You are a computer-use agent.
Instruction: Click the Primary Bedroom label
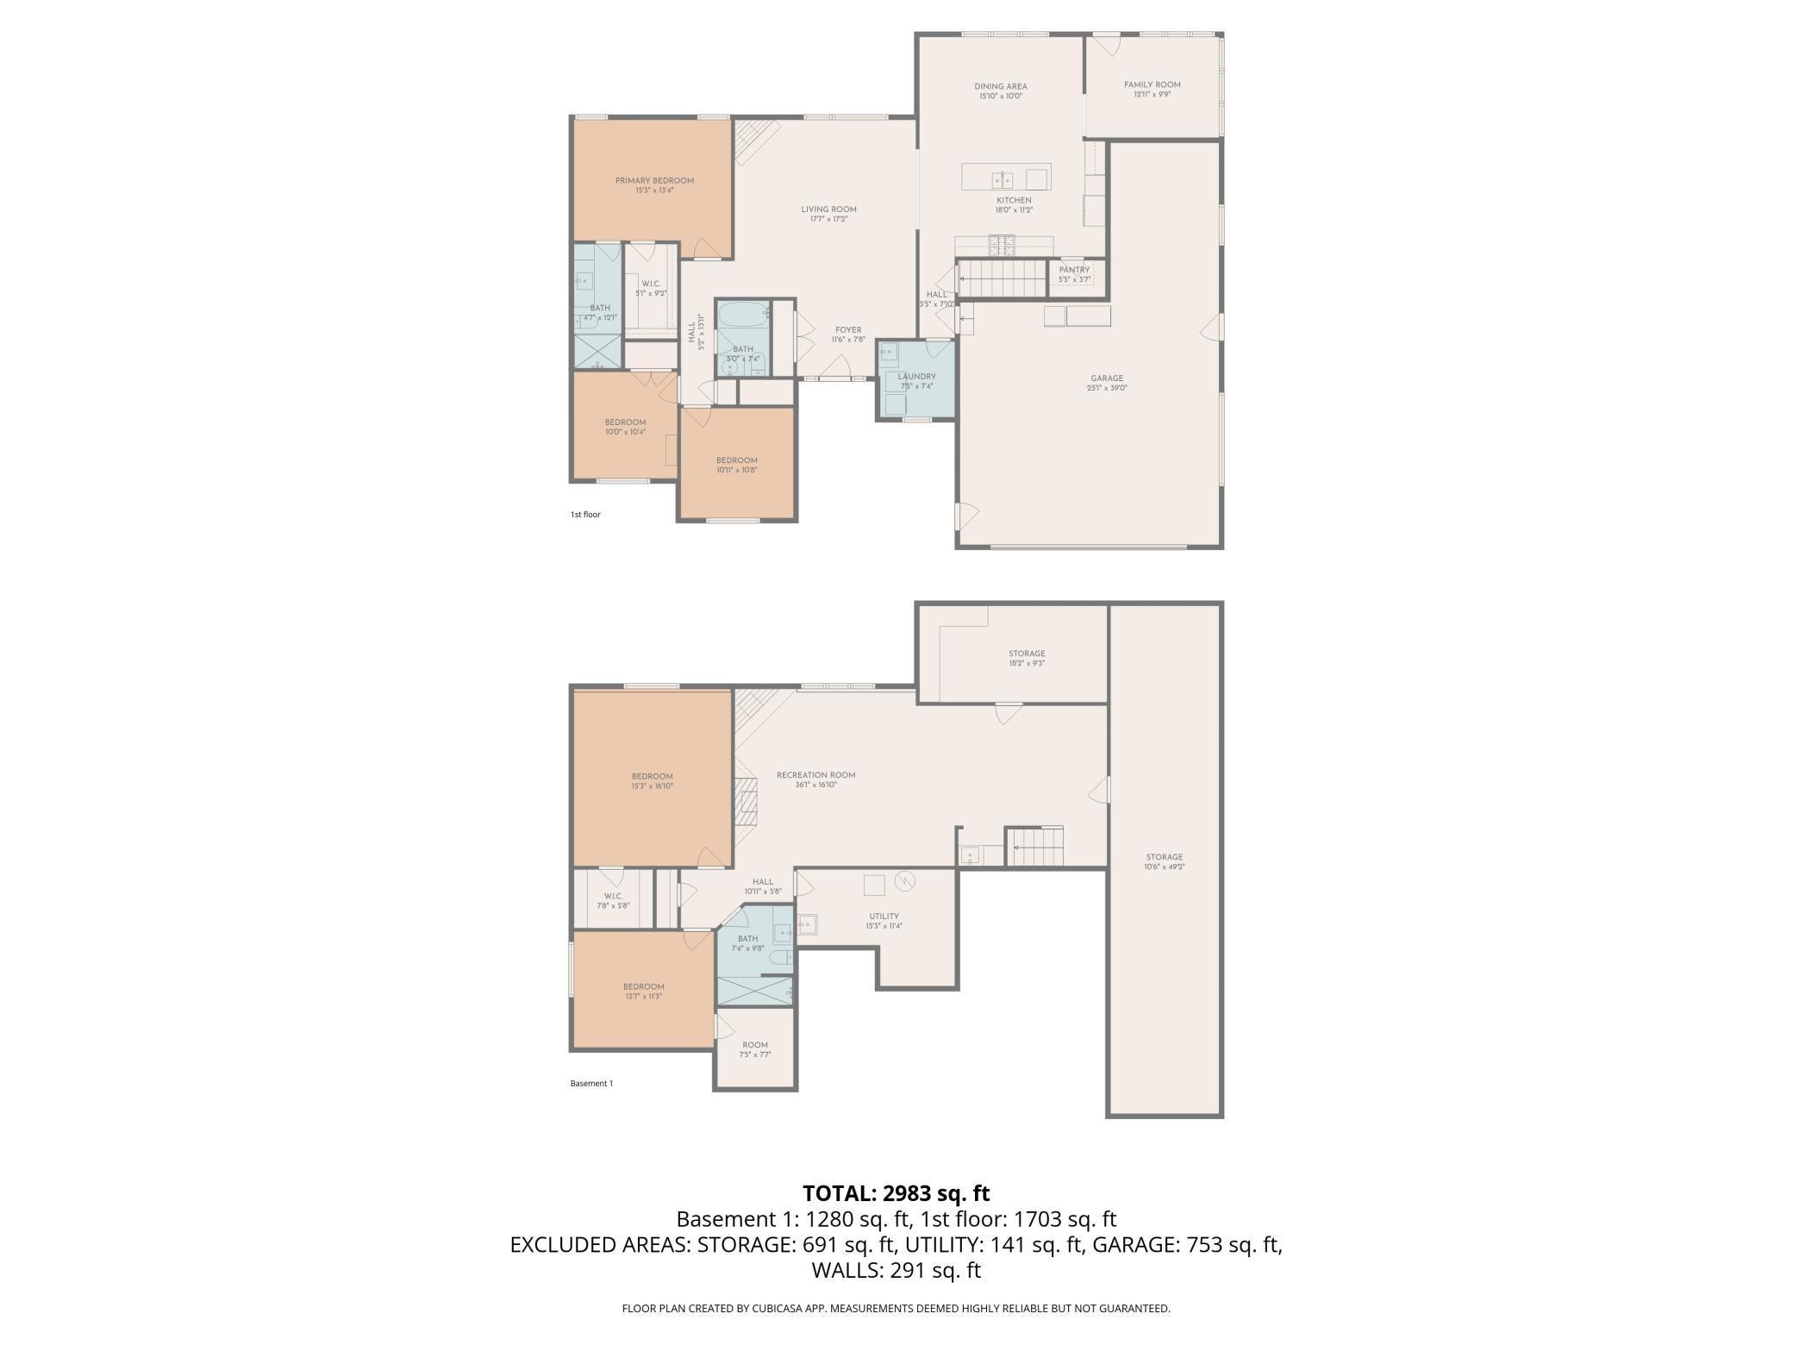654,181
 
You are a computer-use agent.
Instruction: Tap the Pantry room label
1074,270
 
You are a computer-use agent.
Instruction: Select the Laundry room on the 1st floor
916,380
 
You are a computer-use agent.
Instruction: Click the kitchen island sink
1002,179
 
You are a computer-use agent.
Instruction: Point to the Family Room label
1152,85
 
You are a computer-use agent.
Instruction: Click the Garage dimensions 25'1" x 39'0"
1107,388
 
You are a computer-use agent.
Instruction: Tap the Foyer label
848,330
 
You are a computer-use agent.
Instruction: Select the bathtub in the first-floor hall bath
742,313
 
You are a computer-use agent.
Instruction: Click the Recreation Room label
815,775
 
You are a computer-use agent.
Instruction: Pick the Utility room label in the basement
884,916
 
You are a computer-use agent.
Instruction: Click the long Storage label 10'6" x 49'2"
1164,858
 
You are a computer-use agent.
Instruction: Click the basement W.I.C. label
613,896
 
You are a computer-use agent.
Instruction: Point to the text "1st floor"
585,515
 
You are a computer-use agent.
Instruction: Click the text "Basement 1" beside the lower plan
591,1084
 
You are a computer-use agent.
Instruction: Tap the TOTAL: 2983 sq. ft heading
896,1193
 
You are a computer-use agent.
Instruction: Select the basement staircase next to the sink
1036,848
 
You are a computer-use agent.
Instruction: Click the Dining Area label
1001,87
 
